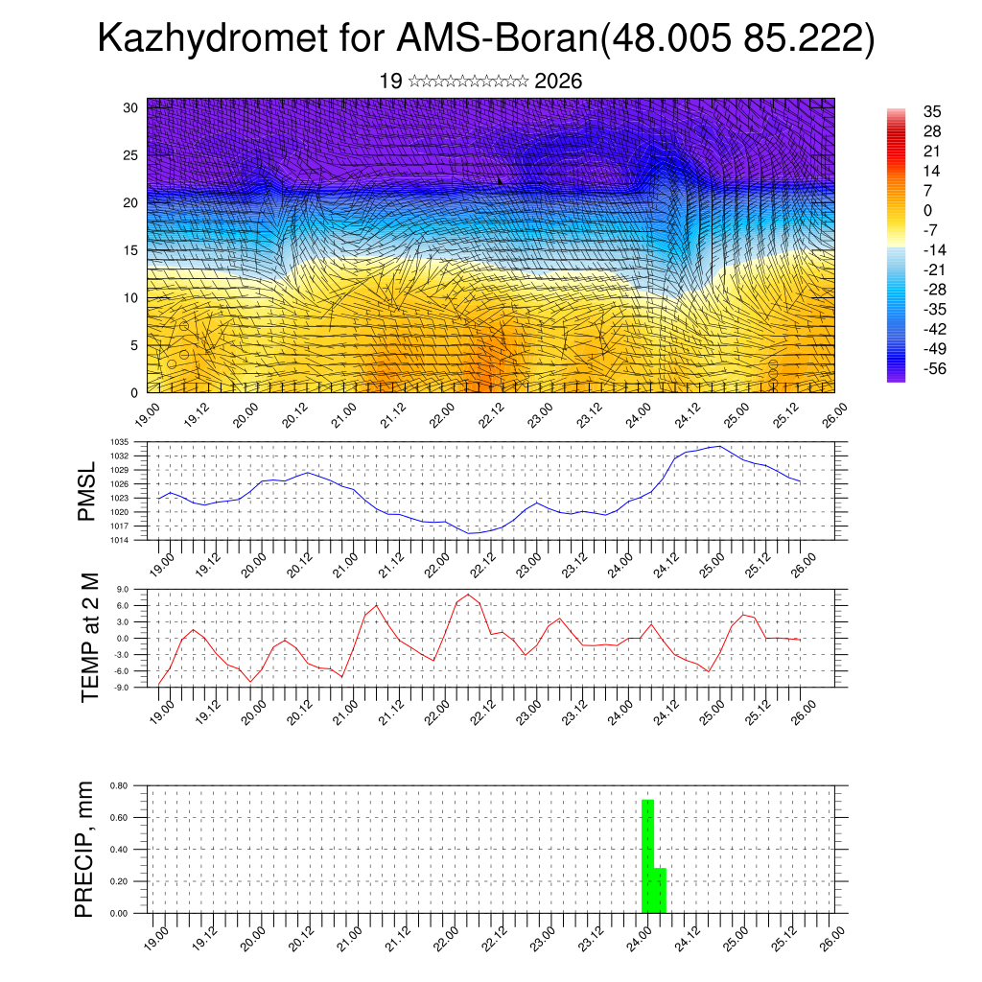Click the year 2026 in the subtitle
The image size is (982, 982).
coord(558,82)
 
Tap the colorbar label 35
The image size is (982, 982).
coord(931,111)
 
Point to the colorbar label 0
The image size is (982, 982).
coord(927,210)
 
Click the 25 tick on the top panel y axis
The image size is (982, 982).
coord(131,154)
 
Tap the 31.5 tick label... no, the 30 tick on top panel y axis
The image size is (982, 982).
coord(131,106)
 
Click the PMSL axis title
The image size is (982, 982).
coord(87,491)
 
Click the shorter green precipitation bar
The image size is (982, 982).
coord(660,890)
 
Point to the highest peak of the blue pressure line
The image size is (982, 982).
coord(719,446)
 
